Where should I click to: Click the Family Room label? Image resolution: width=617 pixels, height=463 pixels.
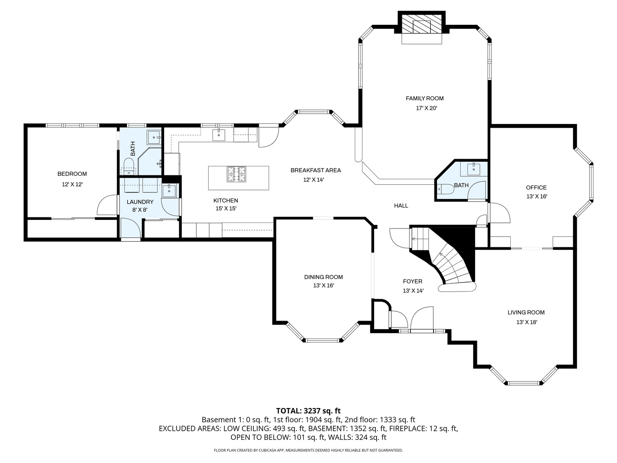point(425,99)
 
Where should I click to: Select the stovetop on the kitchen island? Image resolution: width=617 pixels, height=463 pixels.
point(236,174)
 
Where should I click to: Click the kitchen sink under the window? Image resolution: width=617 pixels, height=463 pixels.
point(219,135)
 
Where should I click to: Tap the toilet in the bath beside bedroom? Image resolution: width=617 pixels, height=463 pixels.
point(128,166)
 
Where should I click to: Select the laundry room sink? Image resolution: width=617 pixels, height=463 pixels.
point(169,190)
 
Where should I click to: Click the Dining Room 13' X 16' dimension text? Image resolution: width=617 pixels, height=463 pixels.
point(323,285)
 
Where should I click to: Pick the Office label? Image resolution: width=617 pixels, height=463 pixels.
point(536,187)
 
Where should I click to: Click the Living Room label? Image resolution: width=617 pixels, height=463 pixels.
point(526,313)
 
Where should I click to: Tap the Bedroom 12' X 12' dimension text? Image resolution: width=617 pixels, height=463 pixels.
point(72,184)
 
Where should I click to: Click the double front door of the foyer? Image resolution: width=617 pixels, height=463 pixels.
point(422,321)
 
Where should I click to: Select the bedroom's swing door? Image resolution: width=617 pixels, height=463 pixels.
point(107,206)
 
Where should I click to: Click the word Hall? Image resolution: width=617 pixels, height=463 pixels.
point(401,206)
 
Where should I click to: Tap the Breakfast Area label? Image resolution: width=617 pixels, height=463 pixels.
point(315,170)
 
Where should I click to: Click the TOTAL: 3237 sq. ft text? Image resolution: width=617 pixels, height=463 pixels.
point(308,411)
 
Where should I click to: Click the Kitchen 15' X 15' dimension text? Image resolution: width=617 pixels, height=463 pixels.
point(226,209)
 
